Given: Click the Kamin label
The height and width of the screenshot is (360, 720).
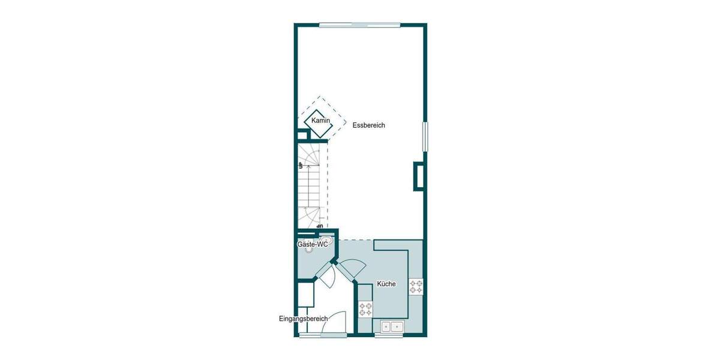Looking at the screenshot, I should point(321,121).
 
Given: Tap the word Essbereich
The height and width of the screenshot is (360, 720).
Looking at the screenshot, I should point(368,125).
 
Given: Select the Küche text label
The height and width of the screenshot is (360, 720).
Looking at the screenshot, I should point(386,284).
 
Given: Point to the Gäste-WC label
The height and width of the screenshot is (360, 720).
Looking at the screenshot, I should point(313,245).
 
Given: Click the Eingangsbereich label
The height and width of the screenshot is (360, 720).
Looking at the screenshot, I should point(302,318).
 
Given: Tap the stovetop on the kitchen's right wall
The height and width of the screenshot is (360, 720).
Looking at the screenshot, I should point(416,286).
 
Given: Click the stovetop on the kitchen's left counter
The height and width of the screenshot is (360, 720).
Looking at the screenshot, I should point(365,310).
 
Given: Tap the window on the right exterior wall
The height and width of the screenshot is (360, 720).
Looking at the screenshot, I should point(425,137).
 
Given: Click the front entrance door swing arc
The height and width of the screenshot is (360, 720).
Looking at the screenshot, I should point(335,322).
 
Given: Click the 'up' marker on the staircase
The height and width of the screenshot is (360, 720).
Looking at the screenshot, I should point(300,165).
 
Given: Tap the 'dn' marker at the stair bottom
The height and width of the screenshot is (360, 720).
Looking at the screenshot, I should point(320,226).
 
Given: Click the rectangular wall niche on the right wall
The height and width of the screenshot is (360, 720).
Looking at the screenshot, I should point(418,176).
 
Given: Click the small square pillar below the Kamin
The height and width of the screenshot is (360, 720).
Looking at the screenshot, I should point(302,135).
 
